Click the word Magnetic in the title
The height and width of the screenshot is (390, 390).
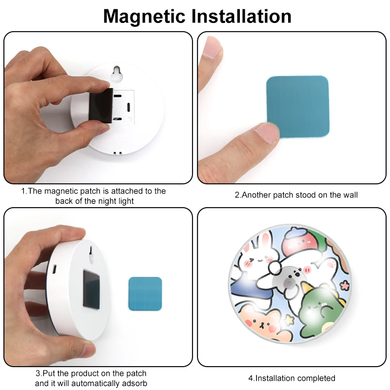tap(144, 16)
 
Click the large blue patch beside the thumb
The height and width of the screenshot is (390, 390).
tap(298, 106)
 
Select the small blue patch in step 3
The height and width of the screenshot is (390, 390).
tap(145, 293)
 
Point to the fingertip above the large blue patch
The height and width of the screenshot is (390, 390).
tap(211, 49)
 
